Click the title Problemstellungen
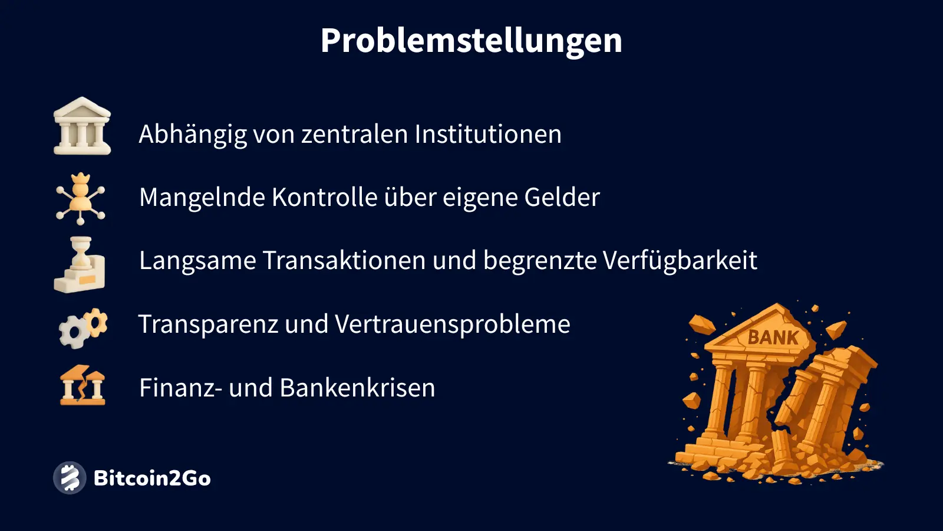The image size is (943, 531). point(471,41)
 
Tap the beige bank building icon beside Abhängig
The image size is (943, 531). point(82,126)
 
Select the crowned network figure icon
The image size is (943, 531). point(80,198)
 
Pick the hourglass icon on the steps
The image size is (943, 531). point(80,264)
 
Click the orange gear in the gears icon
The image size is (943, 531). point(95,322)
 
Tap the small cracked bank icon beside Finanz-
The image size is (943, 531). point(83,385)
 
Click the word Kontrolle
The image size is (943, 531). point(324,197)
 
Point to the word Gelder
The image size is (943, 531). point(562,197)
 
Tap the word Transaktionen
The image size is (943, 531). point(344,260)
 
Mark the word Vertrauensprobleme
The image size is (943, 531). point(453,324)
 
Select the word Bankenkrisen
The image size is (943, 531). point(357,388)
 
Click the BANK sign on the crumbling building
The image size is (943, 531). point(773,337)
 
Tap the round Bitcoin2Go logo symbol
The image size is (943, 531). point(70,478)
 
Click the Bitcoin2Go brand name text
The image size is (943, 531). point(152,478)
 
